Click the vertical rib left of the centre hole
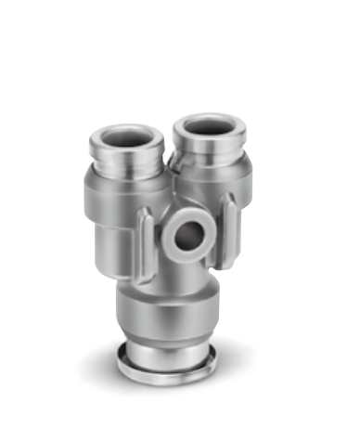coord(146,245)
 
